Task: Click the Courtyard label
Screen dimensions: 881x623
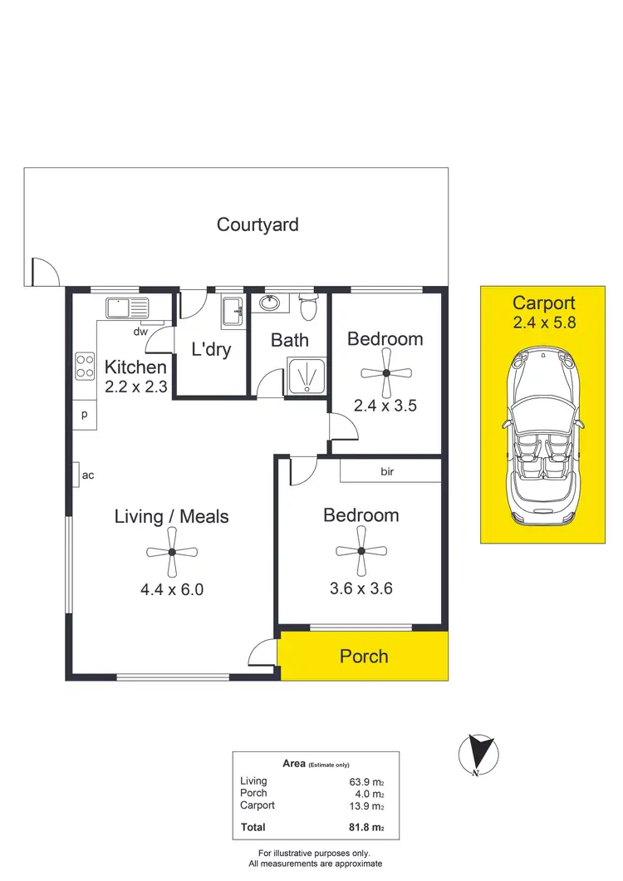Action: (258, 224)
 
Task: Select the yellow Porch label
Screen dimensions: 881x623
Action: (364, 657)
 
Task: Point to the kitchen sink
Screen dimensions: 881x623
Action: (126, 308)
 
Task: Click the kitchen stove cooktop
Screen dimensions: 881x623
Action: (85, 367)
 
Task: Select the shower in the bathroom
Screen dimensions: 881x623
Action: (307, 377)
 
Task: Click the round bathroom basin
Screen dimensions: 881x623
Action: (270, 303)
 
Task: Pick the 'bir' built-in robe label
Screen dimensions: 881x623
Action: (387, 472)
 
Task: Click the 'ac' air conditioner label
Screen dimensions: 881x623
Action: (88, 475)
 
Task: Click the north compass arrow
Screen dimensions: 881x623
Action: (476, 753)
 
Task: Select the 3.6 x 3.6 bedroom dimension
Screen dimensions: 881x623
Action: (361, 589)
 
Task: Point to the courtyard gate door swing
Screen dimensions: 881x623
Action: (45, 272)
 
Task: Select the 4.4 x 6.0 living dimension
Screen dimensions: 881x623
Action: (172, 591)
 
